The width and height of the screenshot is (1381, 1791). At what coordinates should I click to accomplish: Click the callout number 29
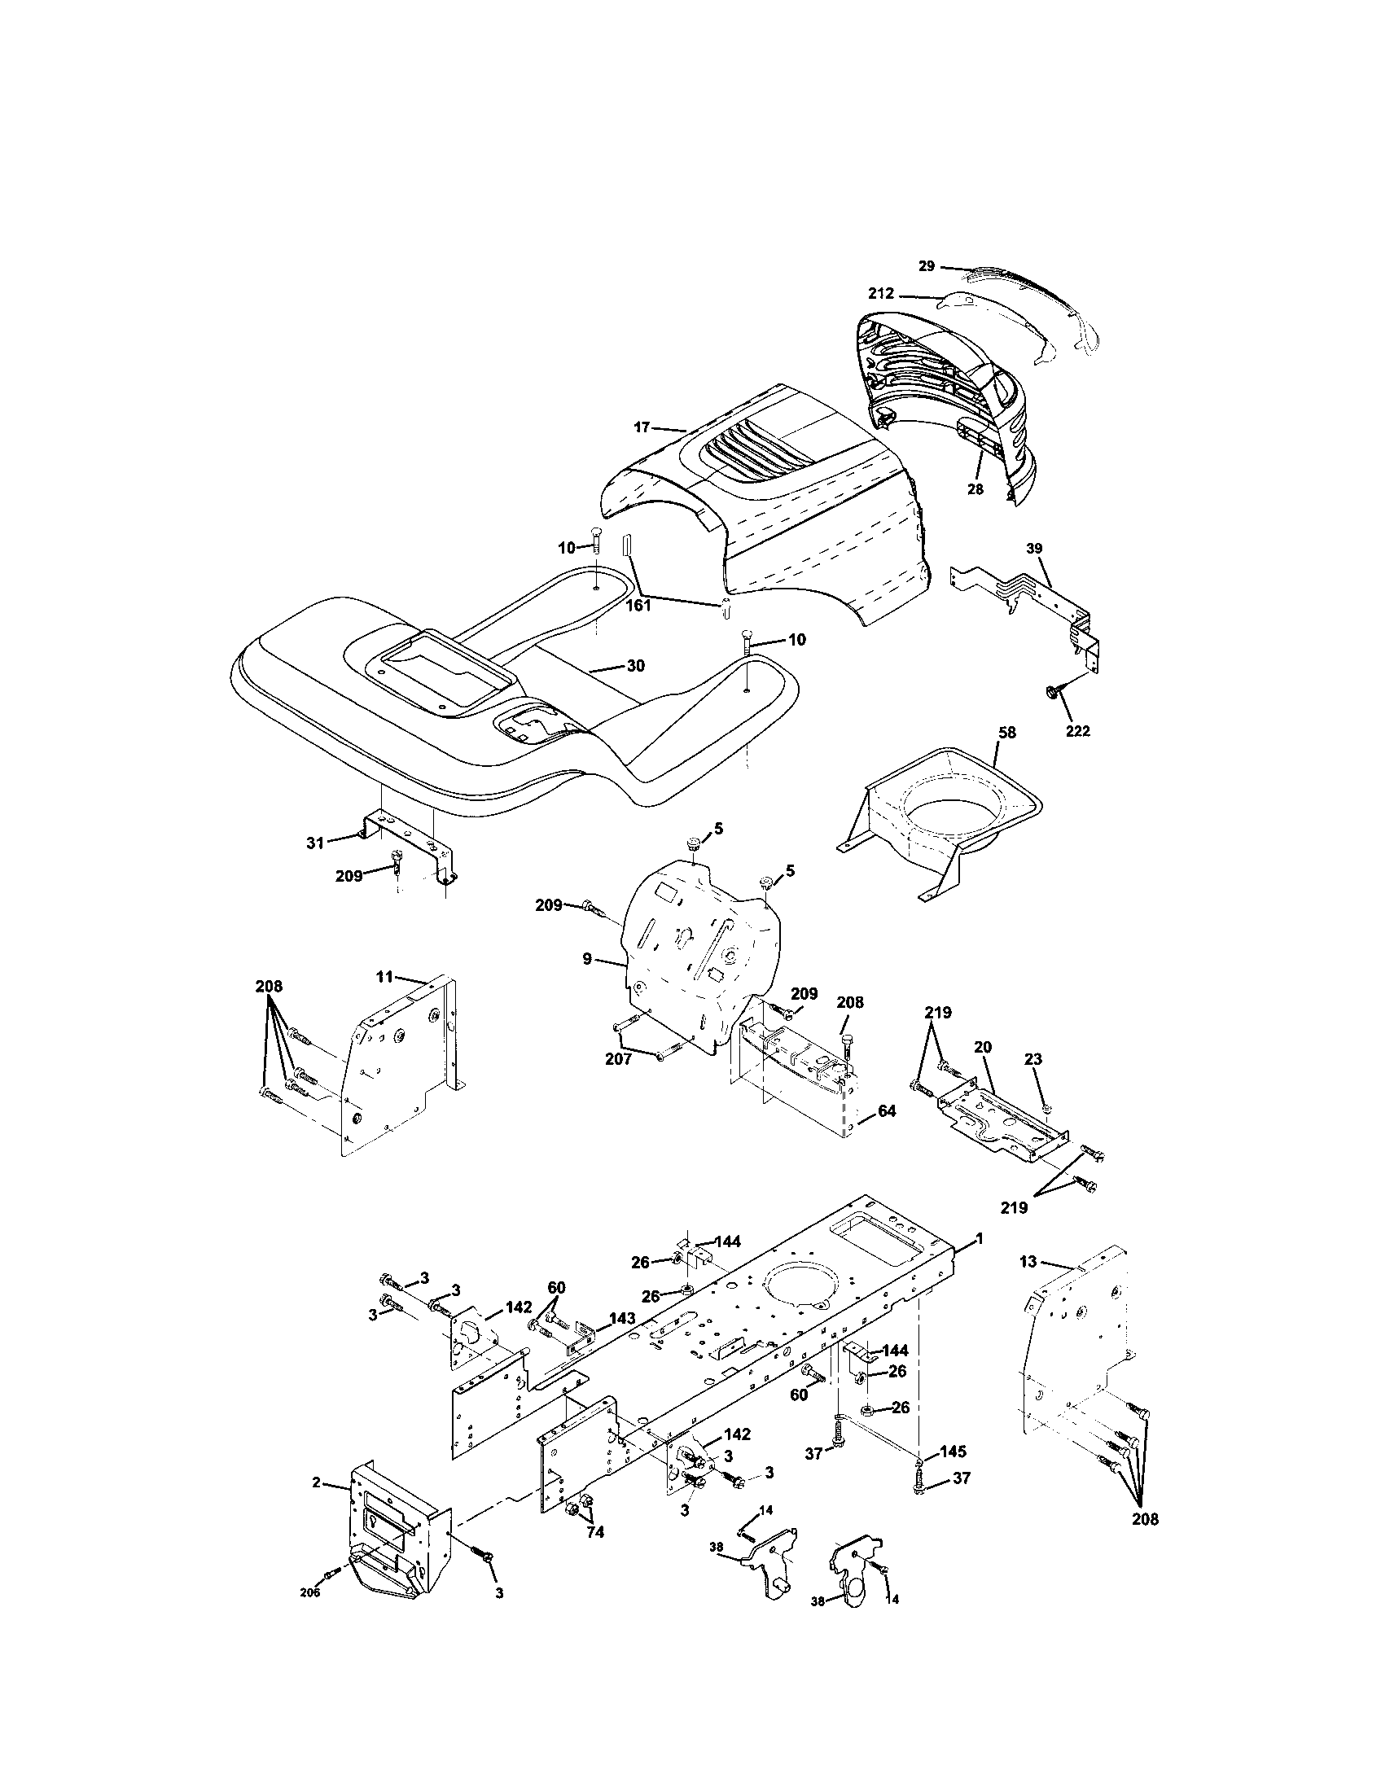(x=926, y=265)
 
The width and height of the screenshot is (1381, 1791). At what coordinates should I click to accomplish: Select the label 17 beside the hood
(x=642, y=427)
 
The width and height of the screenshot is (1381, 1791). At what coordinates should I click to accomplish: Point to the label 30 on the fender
(x=636, y=666)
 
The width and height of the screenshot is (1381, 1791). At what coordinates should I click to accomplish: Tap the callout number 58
(x=1006, y=732)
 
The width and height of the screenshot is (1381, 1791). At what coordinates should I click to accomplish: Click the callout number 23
(x=1032, y=1058)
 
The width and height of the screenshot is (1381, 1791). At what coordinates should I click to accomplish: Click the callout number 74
(x=595, y=1531)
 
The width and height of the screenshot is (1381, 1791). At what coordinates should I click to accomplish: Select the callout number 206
(x=309, y=1614)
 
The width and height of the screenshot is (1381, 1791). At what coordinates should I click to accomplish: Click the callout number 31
(x=315, y=843)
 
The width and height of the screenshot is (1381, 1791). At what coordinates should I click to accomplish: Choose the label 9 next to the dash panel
(x=587, y=958)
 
